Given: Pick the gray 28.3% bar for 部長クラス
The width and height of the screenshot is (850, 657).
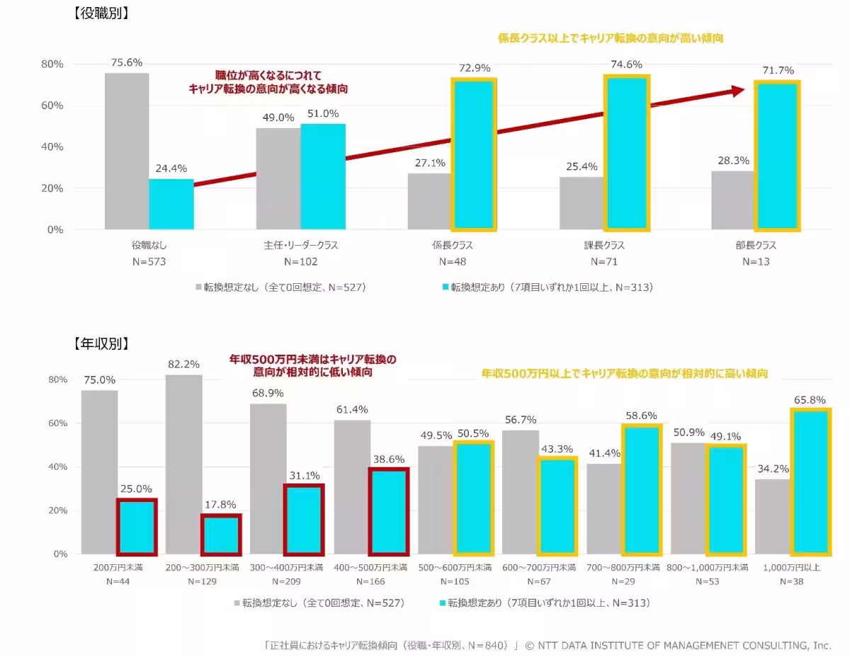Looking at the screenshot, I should pyautogui.click(x=733, y=200).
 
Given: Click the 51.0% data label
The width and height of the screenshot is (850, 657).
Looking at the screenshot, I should pyautogui.click(x=323, y=113).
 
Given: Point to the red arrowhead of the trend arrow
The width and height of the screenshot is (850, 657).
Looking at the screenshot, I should pyautogui.click(x=737, y=91).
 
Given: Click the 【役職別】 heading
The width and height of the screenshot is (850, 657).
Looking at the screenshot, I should pyautogui.click(x=101, y=13).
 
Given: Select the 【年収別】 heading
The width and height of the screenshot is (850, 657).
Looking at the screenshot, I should pyautogui.click(x=101, y=344).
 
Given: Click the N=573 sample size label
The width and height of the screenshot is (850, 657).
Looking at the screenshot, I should pyautogui.click(x=149, y=261).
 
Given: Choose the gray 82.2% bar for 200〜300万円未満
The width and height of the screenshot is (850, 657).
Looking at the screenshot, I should pyautogui.click(x=183, y=464).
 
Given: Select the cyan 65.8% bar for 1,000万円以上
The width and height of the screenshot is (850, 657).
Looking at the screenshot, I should pyautogui.click(x=810, y=481).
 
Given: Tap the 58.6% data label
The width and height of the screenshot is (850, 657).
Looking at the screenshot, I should pyautogui.click(x=641, y=416).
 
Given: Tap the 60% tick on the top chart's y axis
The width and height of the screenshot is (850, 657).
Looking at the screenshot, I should pyautogui.click(x=52, y=105).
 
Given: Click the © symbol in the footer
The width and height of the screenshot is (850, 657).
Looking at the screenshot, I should pyautogui.click(x=529, y=645).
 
